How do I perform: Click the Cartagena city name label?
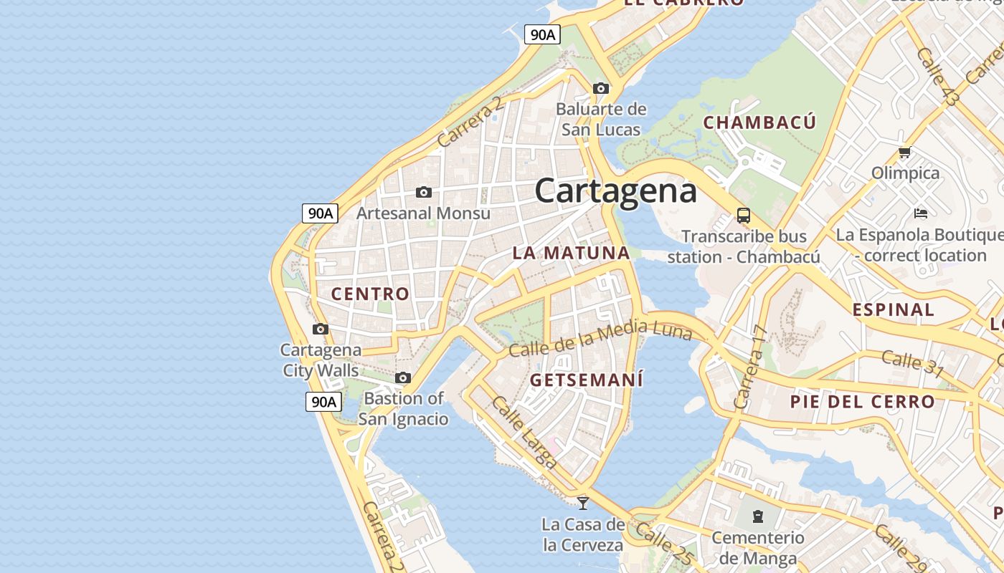(x=615, y=191)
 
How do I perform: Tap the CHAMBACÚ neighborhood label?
(x=759, y=122)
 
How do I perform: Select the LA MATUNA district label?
(x=571, y=253)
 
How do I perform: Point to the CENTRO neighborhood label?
(x=370, y=294)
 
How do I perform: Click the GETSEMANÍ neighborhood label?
(x=587, y=380)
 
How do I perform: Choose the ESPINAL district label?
(x=893, y=310)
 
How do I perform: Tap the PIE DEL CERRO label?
(x=862, y=402)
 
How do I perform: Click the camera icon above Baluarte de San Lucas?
(x=601, y=89)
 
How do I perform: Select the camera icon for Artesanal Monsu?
(x=424, y=192)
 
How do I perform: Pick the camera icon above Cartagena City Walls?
(x=321, y=329)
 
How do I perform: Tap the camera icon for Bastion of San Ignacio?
(x=403, y=377)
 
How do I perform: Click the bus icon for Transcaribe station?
(x=744, y=215)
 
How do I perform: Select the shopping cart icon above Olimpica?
(x=905, y=152)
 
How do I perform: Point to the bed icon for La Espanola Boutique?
(x=921, y=213)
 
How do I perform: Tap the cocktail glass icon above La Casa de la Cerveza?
(x=583, y=503)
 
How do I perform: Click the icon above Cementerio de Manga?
(x=757, y=516)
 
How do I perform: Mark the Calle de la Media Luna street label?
(x=600, y=338)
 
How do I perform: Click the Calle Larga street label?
(x=524, y=433)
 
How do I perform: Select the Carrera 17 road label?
(x=751, y=367)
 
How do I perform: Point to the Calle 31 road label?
(x=912, y=363)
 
